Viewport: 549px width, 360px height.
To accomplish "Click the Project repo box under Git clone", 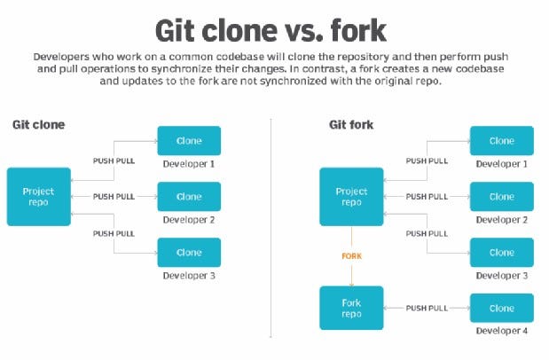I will point(38,195).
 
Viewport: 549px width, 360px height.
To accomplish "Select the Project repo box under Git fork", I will point(351,197).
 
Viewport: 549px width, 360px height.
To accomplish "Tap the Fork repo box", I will point(351,308).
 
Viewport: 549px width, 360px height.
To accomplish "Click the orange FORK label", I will point(353,255).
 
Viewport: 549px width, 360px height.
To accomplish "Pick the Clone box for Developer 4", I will point(501,308).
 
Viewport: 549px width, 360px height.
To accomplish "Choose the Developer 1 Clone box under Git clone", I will point(189,141).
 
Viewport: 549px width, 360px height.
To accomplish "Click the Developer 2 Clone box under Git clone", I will point(189,197).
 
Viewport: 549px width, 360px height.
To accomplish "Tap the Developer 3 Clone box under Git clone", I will point(189,252).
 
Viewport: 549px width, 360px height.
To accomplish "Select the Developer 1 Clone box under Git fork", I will point(501,141).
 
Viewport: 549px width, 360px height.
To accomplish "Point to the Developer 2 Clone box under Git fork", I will point(501,197).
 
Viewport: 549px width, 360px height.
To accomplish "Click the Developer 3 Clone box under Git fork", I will point(501,252).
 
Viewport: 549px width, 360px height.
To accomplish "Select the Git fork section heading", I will point(346,124).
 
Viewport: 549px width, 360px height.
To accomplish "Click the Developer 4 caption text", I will point(501,332).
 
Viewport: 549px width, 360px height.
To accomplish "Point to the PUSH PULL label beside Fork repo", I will point(427,308).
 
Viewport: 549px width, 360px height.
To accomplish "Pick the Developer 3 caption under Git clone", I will point(189,276).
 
